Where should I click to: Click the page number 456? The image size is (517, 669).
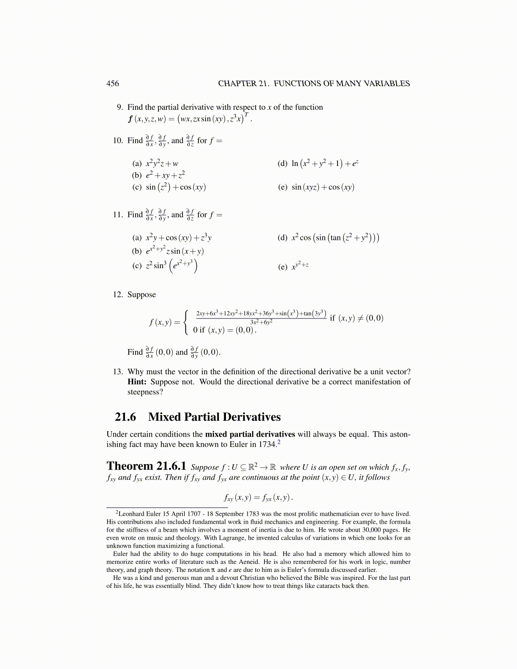(x=112, y=84)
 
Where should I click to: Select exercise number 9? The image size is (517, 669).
(x=120, y=107)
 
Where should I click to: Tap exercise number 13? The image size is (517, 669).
(x=118, y=372)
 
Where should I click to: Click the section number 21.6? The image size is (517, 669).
(x=125, y=417)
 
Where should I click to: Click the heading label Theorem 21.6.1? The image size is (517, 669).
(x=146, y=466)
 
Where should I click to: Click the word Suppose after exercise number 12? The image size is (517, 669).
(x=141, y=295)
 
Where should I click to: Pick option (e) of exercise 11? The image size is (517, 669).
(x=283, y=267)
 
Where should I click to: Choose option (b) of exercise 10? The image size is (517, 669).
(x=136, y=175)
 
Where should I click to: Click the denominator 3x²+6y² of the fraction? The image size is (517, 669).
(x=261, y=322)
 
